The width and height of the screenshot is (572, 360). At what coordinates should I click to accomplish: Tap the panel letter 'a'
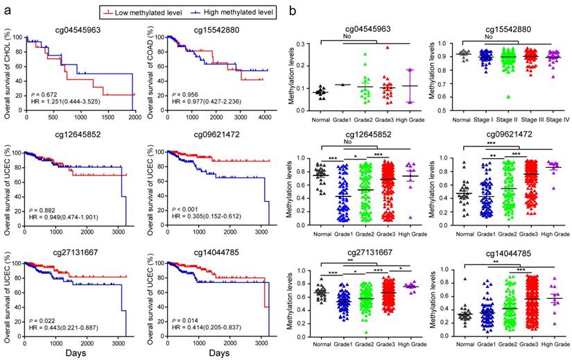click(x=6, y=10)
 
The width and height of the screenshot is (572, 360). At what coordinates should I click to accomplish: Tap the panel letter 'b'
click(x=294, y=11)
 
